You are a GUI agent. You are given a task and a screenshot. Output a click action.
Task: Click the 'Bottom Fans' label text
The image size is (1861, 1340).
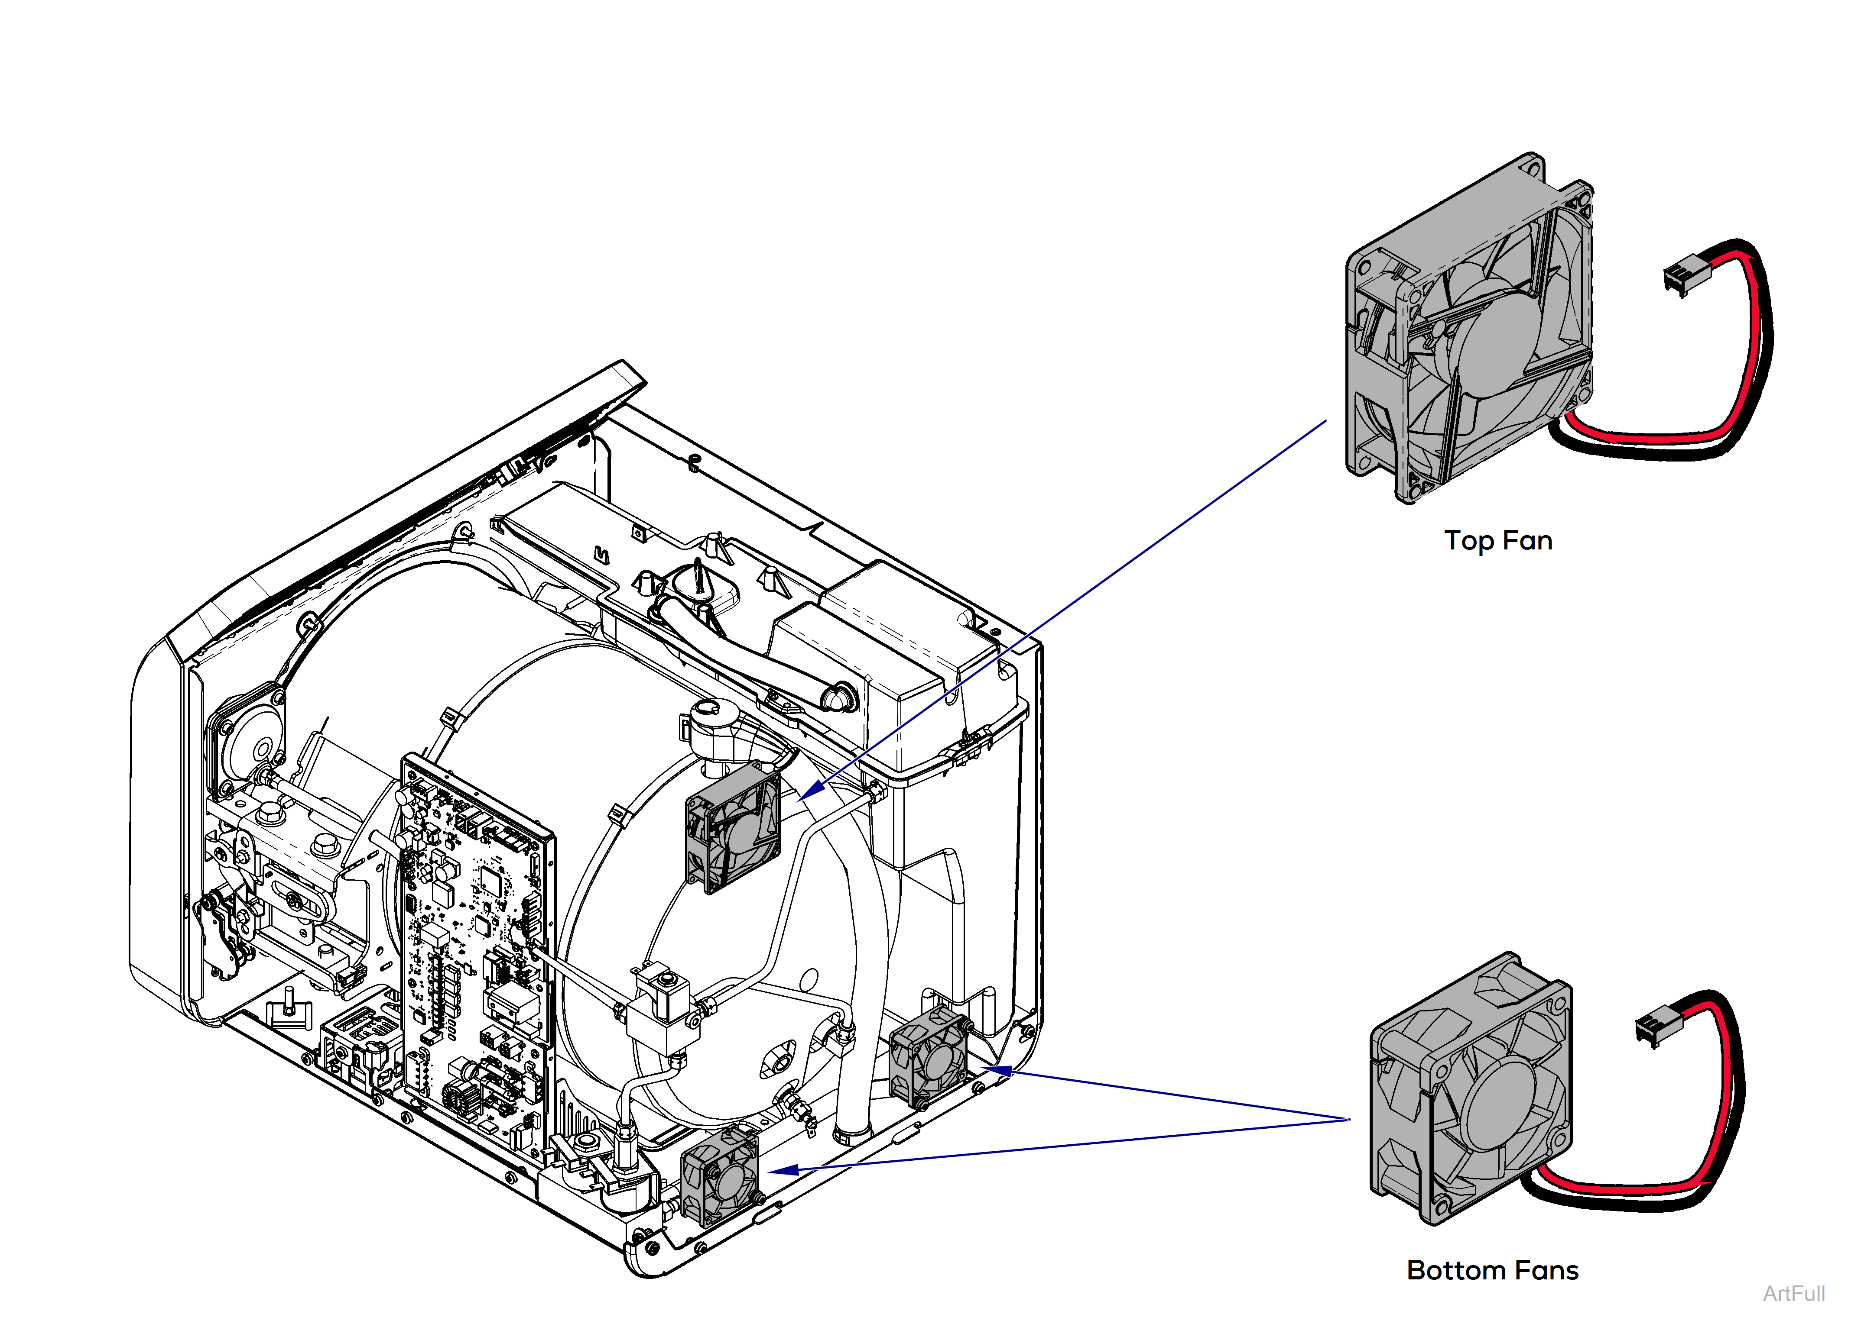click(x=1492, y=1270)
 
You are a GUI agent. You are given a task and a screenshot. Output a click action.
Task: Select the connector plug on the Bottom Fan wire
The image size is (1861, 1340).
click(x=1656, y=1027)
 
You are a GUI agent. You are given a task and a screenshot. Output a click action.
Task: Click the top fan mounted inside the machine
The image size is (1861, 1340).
click(x=733, y=828)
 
